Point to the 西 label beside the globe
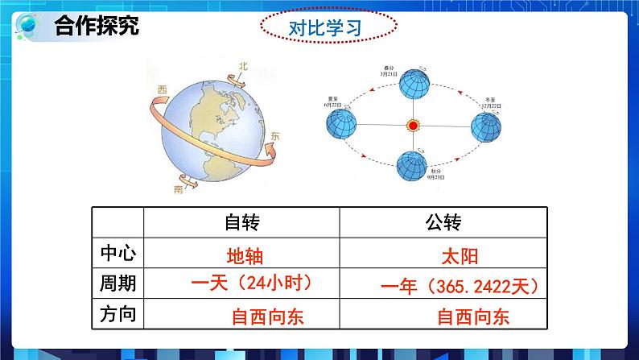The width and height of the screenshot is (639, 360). (163, 89)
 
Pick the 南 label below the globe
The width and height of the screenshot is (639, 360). (178, 190)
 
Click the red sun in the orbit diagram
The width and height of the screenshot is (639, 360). (413, 126)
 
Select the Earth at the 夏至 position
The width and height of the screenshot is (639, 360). (340, 124)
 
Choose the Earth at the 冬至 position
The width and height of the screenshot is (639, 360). (486, 126)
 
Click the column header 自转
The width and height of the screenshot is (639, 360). (242, 222)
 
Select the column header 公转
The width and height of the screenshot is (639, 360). (441, 222)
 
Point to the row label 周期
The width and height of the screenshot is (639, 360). (117, 283)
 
